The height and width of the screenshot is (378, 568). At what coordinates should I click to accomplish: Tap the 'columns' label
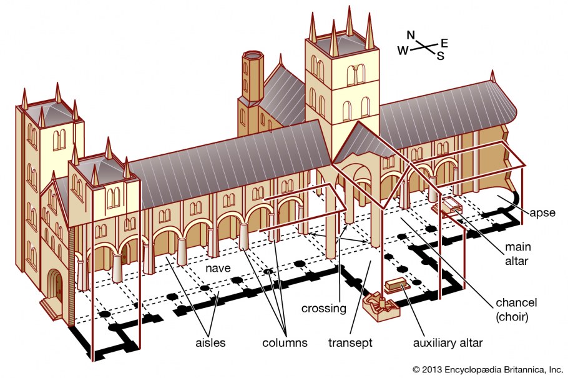point(285,343)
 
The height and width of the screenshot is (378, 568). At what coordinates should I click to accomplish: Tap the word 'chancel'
point(516,303)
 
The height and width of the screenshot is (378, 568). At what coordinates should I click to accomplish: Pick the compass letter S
point(440,56)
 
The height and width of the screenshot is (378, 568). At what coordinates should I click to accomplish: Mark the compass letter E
point(444,42)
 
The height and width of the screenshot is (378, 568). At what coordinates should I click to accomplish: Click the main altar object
point(451,206)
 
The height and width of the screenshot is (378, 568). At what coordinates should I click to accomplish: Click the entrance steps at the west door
point(51,307)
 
